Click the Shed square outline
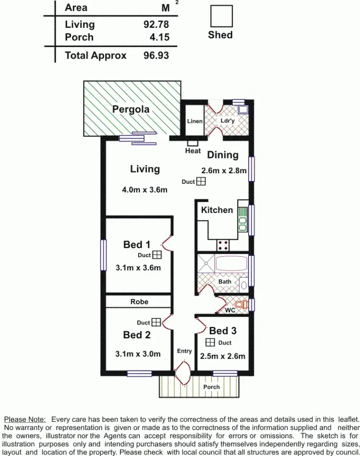click(221, 16)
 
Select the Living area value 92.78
click(156, 24)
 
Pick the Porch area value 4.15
click(160, 37)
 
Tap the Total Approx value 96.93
click(156, 55)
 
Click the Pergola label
click(131, 109)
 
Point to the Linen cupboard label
click(195, 121)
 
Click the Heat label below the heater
click(193, 151)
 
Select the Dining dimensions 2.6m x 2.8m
click(223, 170)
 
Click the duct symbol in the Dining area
click(201, 181)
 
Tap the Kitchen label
click(217, 210)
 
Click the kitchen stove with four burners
click(223, 245)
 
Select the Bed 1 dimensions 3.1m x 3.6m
click(138, 268)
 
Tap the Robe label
click(139, 301)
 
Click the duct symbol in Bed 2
click(156, 323)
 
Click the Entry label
click(184, 351)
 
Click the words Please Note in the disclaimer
click(24, 420)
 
